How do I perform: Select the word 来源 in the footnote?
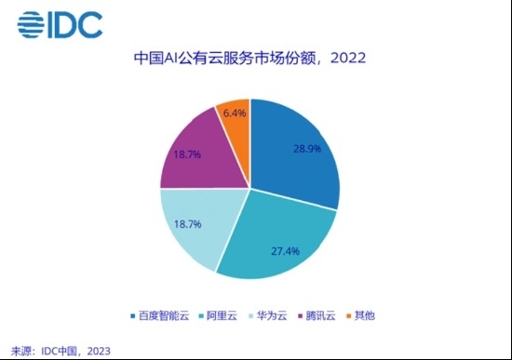pos(20,350)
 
